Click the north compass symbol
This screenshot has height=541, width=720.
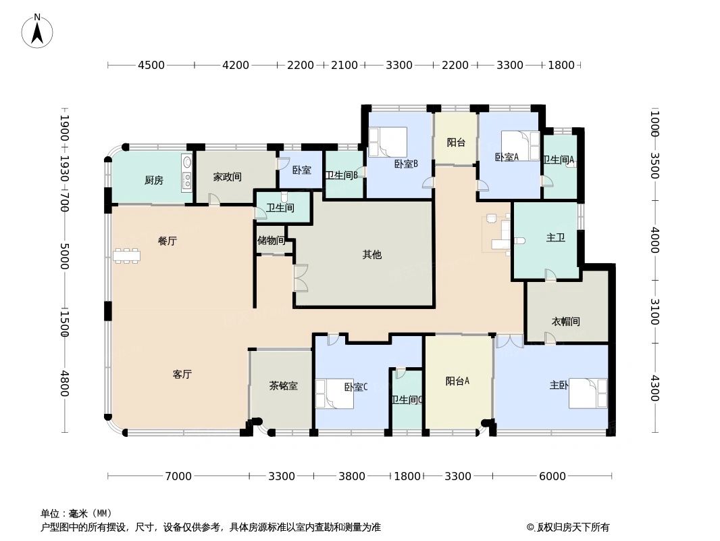[x=38, y=30]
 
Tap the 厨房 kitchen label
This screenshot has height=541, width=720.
[x=154, y=180]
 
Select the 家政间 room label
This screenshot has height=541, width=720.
[x=228, y=177]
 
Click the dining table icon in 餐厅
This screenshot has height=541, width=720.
[x=126, y=256]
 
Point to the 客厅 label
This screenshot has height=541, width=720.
[x=182, y=374]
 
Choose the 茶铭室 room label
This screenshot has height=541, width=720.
[x=284, y=386]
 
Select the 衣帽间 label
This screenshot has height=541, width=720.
[x=566, y=321]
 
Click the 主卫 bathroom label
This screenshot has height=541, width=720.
[x=556, y=238]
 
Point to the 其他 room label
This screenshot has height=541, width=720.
[x=372, y=255]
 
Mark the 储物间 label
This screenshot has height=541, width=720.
[x=270, y=240]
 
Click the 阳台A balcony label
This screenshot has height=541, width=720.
[x=457, y=381]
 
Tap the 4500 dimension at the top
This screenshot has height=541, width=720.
[x=151, y=66]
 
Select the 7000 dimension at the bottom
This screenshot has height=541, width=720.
[x=178, y=476]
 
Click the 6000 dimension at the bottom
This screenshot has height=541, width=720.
[x=552, y=476]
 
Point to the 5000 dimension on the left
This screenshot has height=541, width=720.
[x=65, y=256]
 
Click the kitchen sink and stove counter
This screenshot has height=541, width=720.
[x=187, y=172]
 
